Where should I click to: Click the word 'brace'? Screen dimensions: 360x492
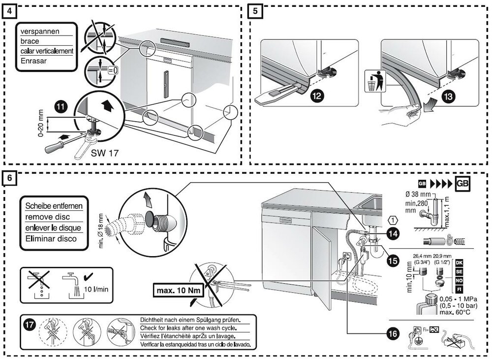[30, 41]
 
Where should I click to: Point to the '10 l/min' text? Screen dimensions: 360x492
[95, 289]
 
